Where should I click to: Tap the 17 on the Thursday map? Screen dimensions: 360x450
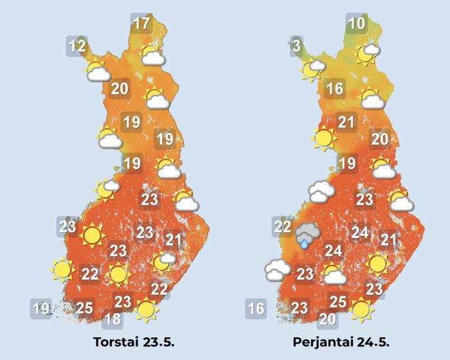[x=141, y=24]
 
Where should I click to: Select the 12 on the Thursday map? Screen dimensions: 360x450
[x=77, y=46]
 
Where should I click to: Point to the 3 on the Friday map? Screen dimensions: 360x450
[x=296, y=46]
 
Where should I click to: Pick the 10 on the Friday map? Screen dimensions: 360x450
[x=356, y=24]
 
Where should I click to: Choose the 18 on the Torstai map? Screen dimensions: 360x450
[x=113, y=319]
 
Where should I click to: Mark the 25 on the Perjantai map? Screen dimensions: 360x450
[x=338, y=301]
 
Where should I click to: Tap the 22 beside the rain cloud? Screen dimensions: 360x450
[x=282, y=226]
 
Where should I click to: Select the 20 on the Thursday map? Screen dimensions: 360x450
[x=120, y=89]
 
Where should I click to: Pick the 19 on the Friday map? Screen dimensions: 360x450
[x=347, y=163]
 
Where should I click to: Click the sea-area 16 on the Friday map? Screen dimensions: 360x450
[x=256, y=309]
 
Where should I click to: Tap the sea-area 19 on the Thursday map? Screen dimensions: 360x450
[x=41, y=308]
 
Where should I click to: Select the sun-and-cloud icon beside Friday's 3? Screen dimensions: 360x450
[x=314, y=68]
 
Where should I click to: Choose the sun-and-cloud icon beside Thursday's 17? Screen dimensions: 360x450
[x=152, y=56]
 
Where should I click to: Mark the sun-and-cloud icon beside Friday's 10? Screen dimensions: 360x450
[x=368, y=53]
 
